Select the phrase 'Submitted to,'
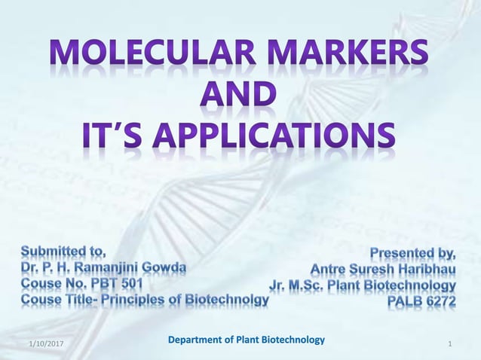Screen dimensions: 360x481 click(63, 249)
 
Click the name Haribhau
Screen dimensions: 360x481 click(422, 269)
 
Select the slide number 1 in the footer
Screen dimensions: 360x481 click(450, 344)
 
